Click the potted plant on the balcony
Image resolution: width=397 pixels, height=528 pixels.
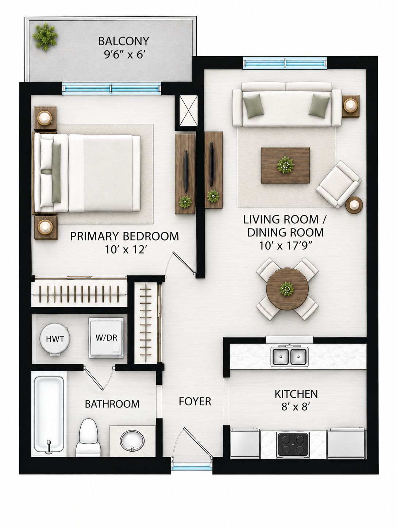[45, 37]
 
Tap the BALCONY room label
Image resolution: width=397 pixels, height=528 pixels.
[124, 41]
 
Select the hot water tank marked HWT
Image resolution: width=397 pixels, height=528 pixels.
[55, 339]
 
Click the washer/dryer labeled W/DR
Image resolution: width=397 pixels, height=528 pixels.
[106, 338]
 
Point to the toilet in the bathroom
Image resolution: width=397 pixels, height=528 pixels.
[88, 437]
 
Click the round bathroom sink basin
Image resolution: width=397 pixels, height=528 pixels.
[132, 441]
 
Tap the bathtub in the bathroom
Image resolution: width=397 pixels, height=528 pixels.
[49, 414]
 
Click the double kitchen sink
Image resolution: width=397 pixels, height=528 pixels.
[289, 357]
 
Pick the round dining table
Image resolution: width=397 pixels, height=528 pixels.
[288, 289]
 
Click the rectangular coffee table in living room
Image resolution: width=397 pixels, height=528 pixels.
[285, 165]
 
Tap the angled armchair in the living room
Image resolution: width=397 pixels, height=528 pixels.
[338, 184]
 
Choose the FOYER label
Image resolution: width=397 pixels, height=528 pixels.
[195, 401]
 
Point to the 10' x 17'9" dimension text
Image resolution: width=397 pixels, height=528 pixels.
[285, 246]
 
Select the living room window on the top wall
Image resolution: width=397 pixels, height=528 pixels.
[285, 63]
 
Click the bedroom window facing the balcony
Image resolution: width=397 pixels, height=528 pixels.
[112, 88]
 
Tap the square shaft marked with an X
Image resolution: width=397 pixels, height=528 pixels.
[188, 111]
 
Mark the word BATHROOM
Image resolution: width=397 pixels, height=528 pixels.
[112, 404]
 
